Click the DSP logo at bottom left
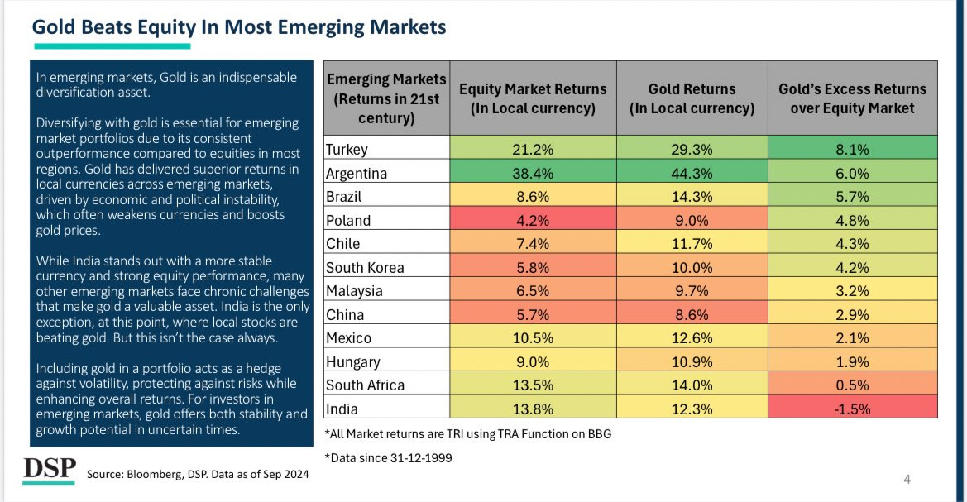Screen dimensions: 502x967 [49, 467]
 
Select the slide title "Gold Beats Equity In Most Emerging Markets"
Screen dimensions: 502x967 [239, 27]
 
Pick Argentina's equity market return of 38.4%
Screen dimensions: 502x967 [533, 175]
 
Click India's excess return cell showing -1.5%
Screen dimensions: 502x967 [852, 409]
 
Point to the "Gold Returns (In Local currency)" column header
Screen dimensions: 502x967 [692, 98]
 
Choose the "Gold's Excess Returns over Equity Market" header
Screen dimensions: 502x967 [852, 98]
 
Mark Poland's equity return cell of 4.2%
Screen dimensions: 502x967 [533, 221]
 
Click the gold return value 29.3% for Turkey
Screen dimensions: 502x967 [692, 151]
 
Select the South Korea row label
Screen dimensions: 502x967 [364, 268]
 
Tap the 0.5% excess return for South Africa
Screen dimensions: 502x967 [852, 385]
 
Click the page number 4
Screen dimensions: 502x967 [907, 480]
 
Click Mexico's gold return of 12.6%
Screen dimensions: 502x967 [692, 338]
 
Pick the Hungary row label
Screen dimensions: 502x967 [353, 361]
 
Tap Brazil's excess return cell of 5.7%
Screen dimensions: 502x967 [852, 198]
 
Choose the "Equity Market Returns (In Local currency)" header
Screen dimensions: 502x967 [533, 98]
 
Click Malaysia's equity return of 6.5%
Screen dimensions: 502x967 [533, 291]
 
